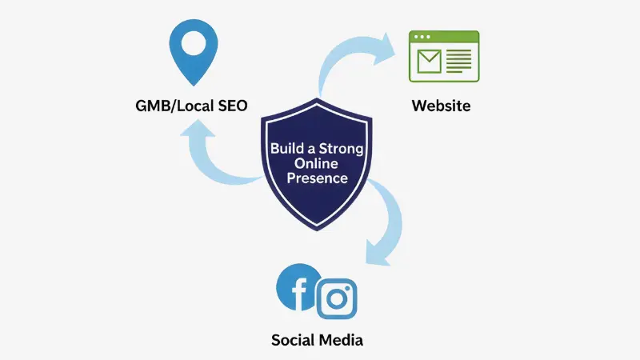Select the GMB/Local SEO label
point(191,105)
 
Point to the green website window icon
point(444,56)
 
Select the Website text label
point(441,105)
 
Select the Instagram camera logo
point(336,299)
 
